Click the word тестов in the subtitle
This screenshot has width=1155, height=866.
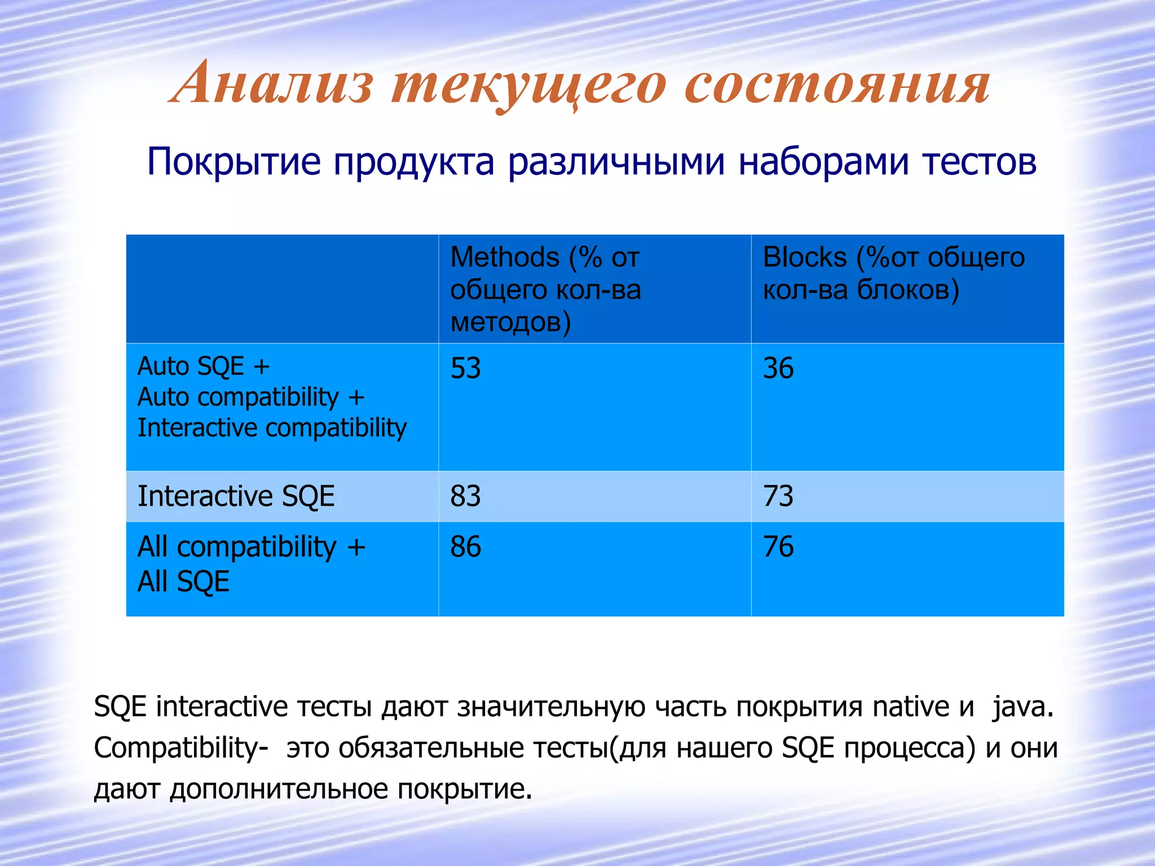click(x=980, y=162)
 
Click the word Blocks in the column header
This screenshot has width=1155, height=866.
click(x=805, y=258)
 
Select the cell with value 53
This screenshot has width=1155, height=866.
click(x=466, y=369)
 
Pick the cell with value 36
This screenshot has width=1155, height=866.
click(x=778, y=369)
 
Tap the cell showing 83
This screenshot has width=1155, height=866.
click(x=466, y=497)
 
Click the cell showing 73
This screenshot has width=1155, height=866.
click(x=778, y=497)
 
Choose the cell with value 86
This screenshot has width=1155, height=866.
click(x=466, y=547)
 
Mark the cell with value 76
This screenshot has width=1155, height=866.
click(x=778, y=547)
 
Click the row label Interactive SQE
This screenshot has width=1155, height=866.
click(x=236, y=497)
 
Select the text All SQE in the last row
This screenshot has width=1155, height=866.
click(x=184, y=582)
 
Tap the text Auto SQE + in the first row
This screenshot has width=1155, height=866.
click(x=204, y=366)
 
